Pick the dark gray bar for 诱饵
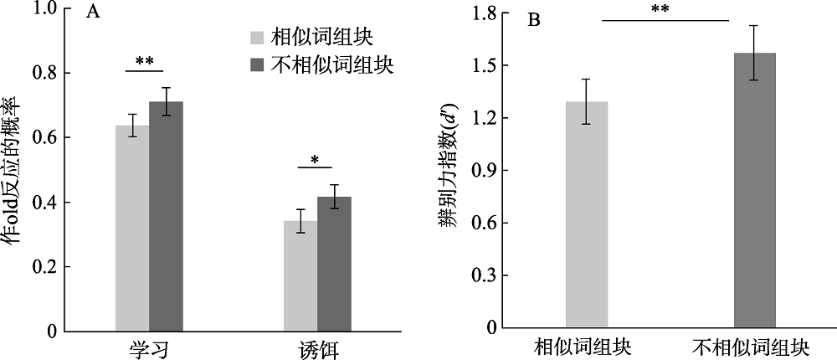(x=334, y=264)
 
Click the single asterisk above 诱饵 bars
(x=314, y=160)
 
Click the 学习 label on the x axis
(x=149, y=348)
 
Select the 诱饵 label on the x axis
(x=317, y=348)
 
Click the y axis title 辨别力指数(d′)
(x=449, y=172)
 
